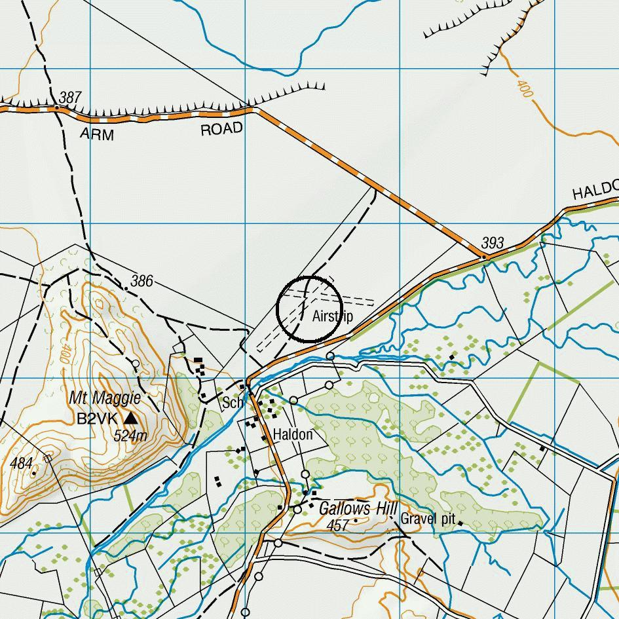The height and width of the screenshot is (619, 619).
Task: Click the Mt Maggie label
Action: tap(105, 398)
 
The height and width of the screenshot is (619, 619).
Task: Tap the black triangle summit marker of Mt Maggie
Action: tap(131, 417)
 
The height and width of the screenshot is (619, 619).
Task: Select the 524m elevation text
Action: tap(130, 435)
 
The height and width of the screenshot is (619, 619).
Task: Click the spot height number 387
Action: tap(69, 98)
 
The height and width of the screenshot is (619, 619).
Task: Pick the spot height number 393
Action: tap(493, 243)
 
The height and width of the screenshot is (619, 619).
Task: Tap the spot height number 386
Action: tap(141, 281)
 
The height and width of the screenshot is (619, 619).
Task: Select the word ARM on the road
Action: tap(96, 135)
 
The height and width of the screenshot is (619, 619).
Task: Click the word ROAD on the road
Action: tap(221, 129)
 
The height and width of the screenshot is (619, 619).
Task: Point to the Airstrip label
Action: tap(333, 316)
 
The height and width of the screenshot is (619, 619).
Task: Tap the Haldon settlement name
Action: tap(292, 434)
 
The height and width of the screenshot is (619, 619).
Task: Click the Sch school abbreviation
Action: tap(233, 402)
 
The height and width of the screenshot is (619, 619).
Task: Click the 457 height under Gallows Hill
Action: tap(337, 525)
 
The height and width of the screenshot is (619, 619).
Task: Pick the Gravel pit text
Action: tap(428, 519)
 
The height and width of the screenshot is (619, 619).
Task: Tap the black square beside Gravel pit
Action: tap(460, 522)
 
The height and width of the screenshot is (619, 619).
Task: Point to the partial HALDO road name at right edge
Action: tap(595, 191)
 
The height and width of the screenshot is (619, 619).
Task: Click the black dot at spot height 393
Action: tap(484, 257)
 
